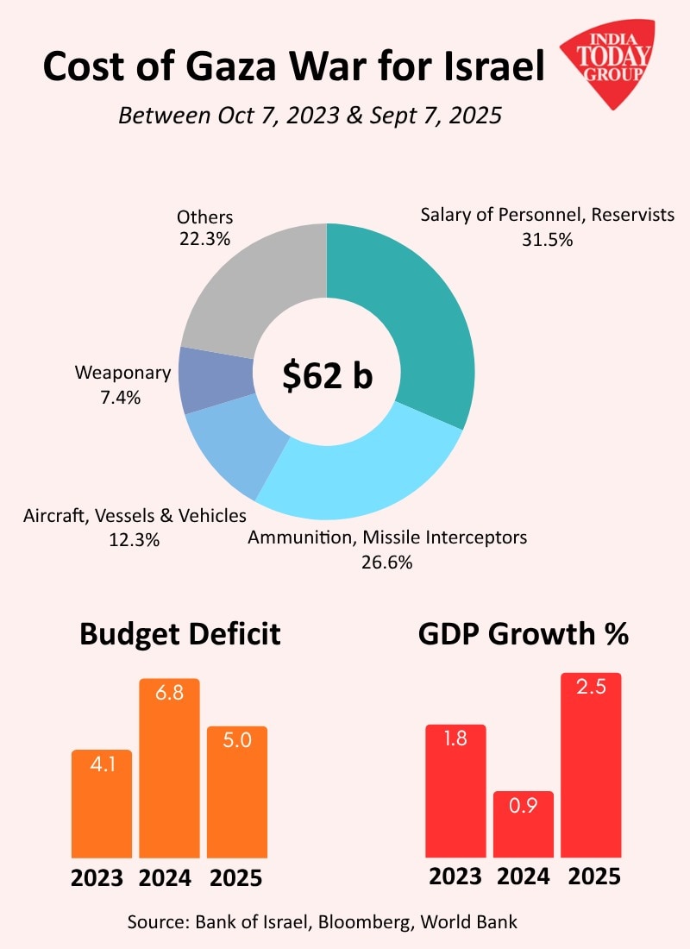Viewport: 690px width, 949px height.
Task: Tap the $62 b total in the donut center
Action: coord(328,375)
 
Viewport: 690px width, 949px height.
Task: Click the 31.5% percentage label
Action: coord(547,240)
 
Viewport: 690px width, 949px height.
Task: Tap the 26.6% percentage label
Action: coord(387,562)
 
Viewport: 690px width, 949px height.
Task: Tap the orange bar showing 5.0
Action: coord(237,792)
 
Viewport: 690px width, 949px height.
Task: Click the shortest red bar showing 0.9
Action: coord(524,824)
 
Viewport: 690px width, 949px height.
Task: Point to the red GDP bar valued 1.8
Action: coord(455,790)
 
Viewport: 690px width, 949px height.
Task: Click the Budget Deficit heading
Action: coord(180,634)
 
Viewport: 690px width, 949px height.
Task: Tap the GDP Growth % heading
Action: coord(523,634)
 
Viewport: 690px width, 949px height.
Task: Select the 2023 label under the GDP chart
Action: coord(455,877)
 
